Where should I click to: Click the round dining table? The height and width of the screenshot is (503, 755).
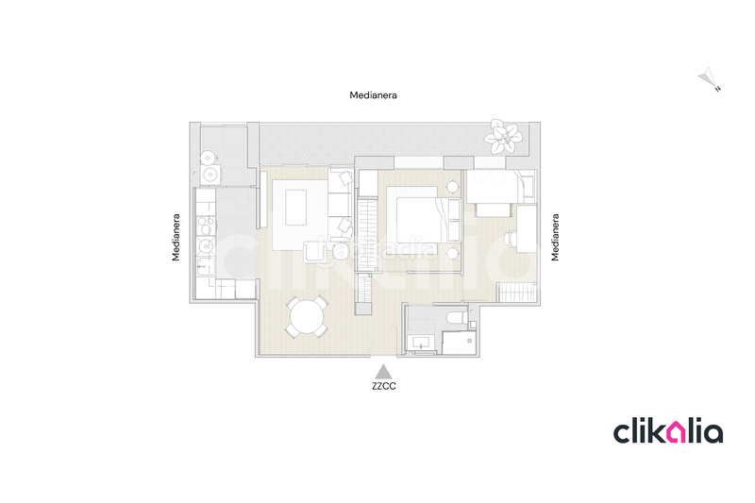tap(308, 317)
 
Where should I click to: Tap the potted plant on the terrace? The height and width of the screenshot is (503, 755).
tap(501, 138)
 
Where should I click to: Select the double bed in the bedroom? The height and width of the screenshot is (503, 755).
tap(414, 216)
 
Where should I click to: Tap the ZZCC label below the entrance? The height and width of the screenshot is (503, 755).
tap(383, 386)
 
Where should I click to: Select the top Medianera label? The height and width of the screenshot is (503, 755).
tap(373, 95)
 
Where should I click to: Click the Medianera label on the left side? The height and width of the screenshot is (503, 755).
tap(177, 237)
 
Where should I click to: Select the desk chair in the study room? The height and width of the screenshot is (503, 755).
tap(511, 240)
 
